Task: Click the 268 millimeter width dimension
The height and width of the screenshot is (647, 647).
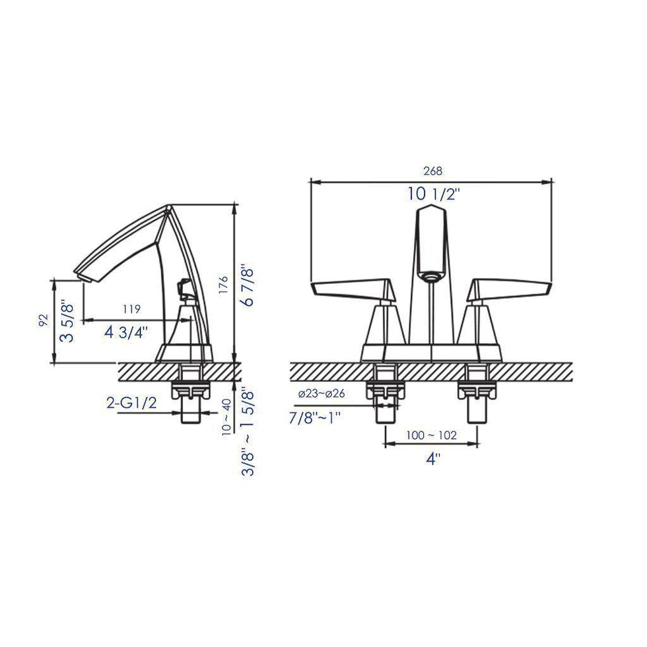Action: pyautogui.click(x=432, y=171)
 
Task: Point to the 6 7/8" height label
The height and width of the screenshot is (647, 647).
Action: pyautogui.click(x=247, y=287)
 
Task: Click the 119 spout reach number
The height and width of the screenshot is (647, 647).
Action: pyautogui.click(x=132, y=309)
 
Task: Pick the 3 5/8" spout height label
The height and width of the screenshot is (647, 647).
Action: pyautogui.click(x=69, y=322)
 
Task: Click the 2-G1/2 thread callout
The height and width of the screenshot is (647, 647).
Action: pyautogui.click(x=132, y=403)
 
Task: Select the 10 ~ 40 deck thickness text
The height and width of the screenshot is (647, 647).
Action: pyautogui.click(x=227, y=416)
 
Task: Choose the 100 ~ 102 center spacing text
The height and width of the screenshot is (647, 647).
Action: pyautogui.click(x=432, y=435)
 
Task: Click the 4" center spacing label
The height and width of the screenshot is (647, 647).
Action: pyautogui.click(x=433, y=459)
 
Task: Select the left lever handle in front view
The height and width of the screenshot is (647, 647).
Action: pyautogui.click(x=354, y=290)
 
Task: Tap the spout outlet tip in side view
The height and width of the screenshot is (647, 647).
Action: pyautogui.click(x=83, y=277)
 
